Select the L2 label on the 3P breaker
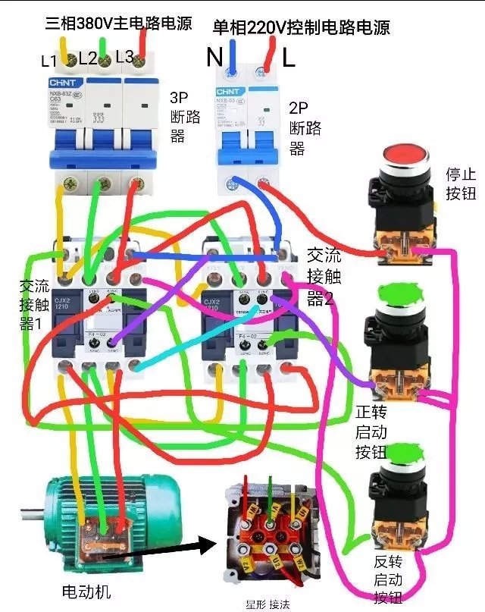click(86, 58)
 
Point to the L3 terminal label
click(124, 56)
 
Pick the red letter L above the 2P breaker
click(289, 58)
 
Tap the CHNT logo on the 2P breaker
click(228, 92)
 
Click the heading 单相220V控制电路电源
click(301, 28)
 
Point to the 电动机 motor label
click(86, 591)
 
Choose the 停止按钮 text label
click(460, 184)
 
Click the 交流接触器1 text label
click(34, 305)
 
